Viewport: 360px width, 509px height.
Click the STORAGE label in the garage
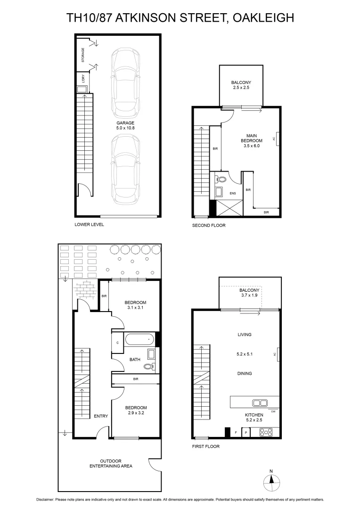(83, 56)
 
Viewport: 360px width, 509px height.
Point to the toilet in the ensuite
(221, 179)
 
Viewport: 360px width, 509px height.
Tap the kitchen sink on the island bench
(260, 402)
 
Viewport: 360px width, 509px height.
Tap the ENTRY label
(100, 416)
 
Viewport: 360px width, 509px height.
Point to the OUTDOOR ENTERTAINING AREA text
(111, 464)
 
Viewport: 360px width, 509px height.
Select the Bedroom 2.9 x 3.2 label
(135, 410)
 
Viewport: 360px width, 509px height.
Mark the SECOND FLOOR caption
(208, 225)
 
